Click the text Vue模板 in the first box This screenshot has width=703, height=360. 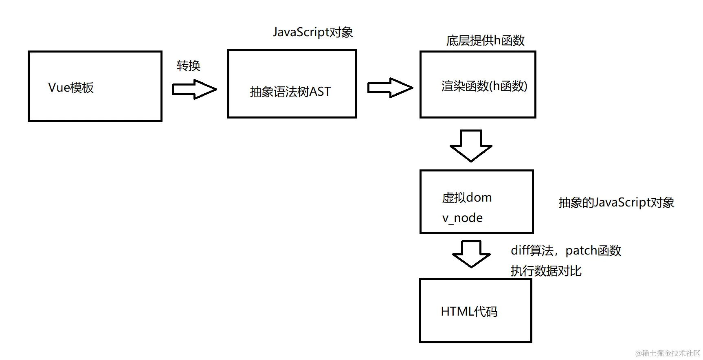point(71,88)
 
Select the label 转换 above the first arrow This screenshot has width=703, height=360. point(188,66)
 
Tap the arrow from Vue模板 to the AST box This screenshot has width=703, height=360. point(194,89)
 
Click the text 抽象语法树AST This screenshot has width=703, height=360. point(290,92)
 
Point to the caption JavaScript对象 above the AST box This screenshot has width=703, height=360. point(312,32)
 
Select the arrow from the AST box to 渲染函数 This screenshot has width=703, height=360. point(390,88)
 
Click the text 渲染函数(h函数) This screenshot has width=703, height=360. point(484,86)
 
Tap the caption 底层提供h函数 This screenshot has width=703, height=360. point(485,40)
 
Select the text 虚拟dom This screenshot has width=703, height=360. point(467,198)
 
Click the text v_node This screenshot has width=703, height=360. point(462,218)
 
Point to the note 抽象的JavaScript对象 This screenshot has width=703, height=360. point(616,202)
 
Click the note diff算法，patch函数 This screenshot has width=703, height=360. point(566,250)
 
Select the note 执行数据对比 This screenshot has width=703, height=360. point(546,271)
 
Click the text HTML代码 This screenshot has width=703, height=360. point(469,312)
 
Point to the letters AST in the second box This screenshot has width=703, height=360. point(320,92)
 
